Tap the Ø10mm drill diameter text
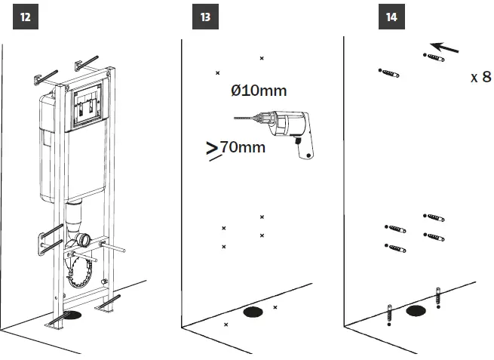pos(259,91)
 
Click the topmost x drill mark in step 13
pos(262,58)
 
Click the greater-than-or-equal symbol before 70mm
pos(212,149)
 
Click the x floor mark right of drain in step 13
pos(275,307)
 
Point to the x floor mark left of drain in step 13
pos(226,325)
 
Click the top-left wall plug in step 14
pos(388,72)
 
